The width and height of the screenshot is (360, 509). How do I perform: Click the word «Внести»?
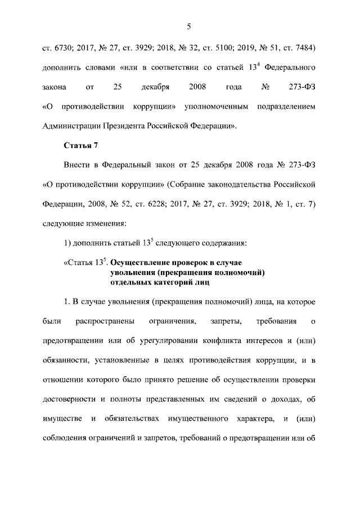point(73,166)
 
